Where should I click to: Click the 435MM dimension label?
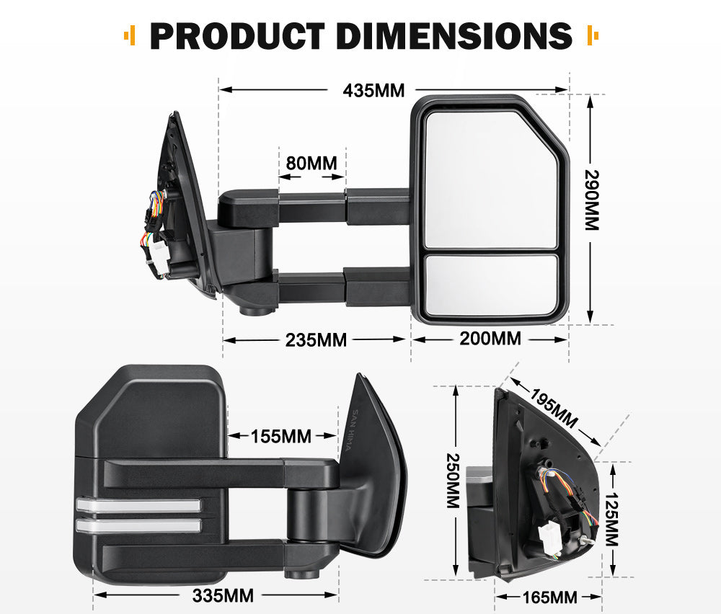[373, 91]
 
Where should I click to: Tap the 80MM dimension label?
[311, 163]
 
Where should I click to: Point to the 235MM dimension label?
[316, 339]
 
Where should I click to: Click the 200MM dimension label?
[490, 338]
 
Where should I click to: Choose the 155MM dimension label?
[281, 436]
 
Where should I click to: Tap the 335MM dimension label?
[223, 596]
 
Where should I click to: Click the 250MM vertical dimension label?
[453, 481]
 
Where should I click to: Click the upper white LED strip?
[137, 506]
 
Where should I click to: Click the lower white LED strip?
[137, 526]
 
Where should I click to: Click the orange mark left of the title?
[130, 35]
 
